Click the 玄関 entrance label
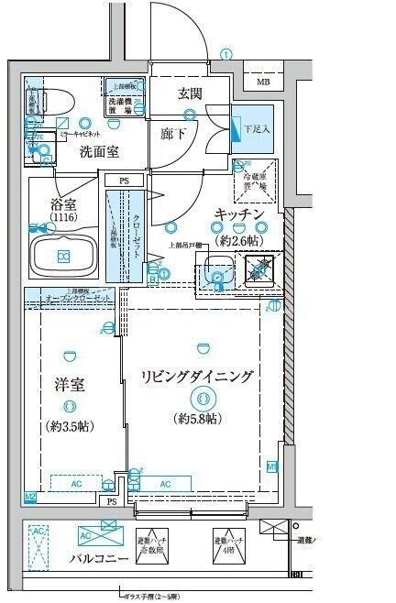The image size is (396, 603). (191, 93)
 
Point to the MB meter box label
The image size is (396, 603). (263, 82)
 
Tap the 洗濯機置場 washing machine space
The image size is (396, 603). (122, 100)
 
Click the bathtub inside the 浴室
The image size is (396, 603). (64, 255)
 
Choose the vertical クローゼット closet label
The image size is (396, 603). (137, 233)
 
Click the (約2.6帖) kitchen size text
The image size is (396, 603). (240, 239)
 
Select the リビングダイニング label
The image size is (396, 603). (197, 376)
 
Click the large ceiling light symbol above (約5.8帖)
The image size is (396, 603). (201, 399)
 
